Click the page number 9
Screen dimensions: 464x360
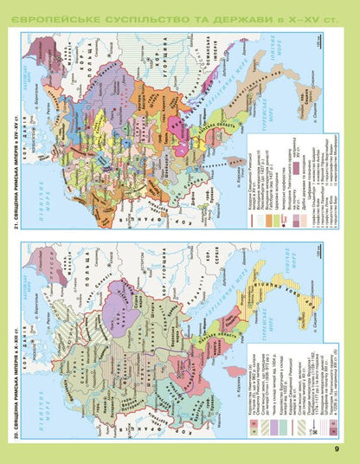(337, 448)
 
